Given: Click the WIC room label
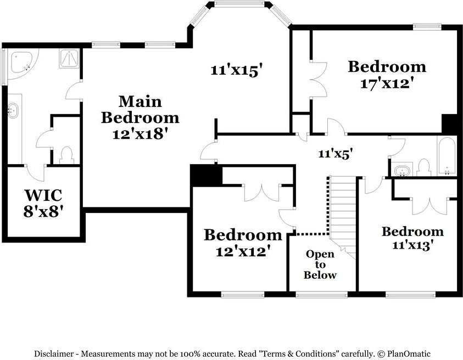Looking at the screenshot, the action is click(x=43, y=195).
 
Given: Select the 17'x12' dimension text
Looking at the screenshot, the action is click(x=386, y=83).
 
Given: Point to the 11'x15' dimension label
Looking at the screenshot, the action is click(x=237, y=70).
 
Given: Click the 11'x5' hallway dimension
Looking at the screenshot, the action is click(x=336, y=154).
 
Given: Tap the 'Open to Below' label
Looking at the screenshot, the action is click(x=320, y=265).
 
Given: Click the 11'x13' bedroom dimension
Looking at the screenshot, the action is click(x=412, y=245).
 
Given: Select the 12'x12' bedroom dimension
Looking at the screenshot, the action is click(x=243, y=251).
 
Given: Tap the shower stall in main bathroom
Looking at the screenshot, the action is click(x=69, y=58).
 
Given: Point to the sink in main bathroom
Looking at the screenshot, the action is click(x=13, y=110).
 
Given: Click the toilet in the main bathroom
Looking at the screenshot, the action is click(x=67, y=155).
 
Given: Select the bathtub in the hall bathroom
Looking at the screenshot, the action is click(x=447, y=156).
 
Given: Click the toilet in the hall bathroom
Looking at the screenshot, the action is click(x=424, y=167).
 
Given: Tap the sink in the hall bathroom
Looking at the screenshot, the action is click(x=402, y=171).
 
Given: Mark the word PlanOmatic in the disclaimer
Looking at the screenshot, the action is click(x=409, y=353).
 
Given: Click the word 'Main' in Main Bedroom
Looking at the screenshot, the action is click(x=140, y=102).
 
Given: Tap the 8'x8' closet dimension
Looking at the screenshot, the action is click(x=43, y=211).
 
